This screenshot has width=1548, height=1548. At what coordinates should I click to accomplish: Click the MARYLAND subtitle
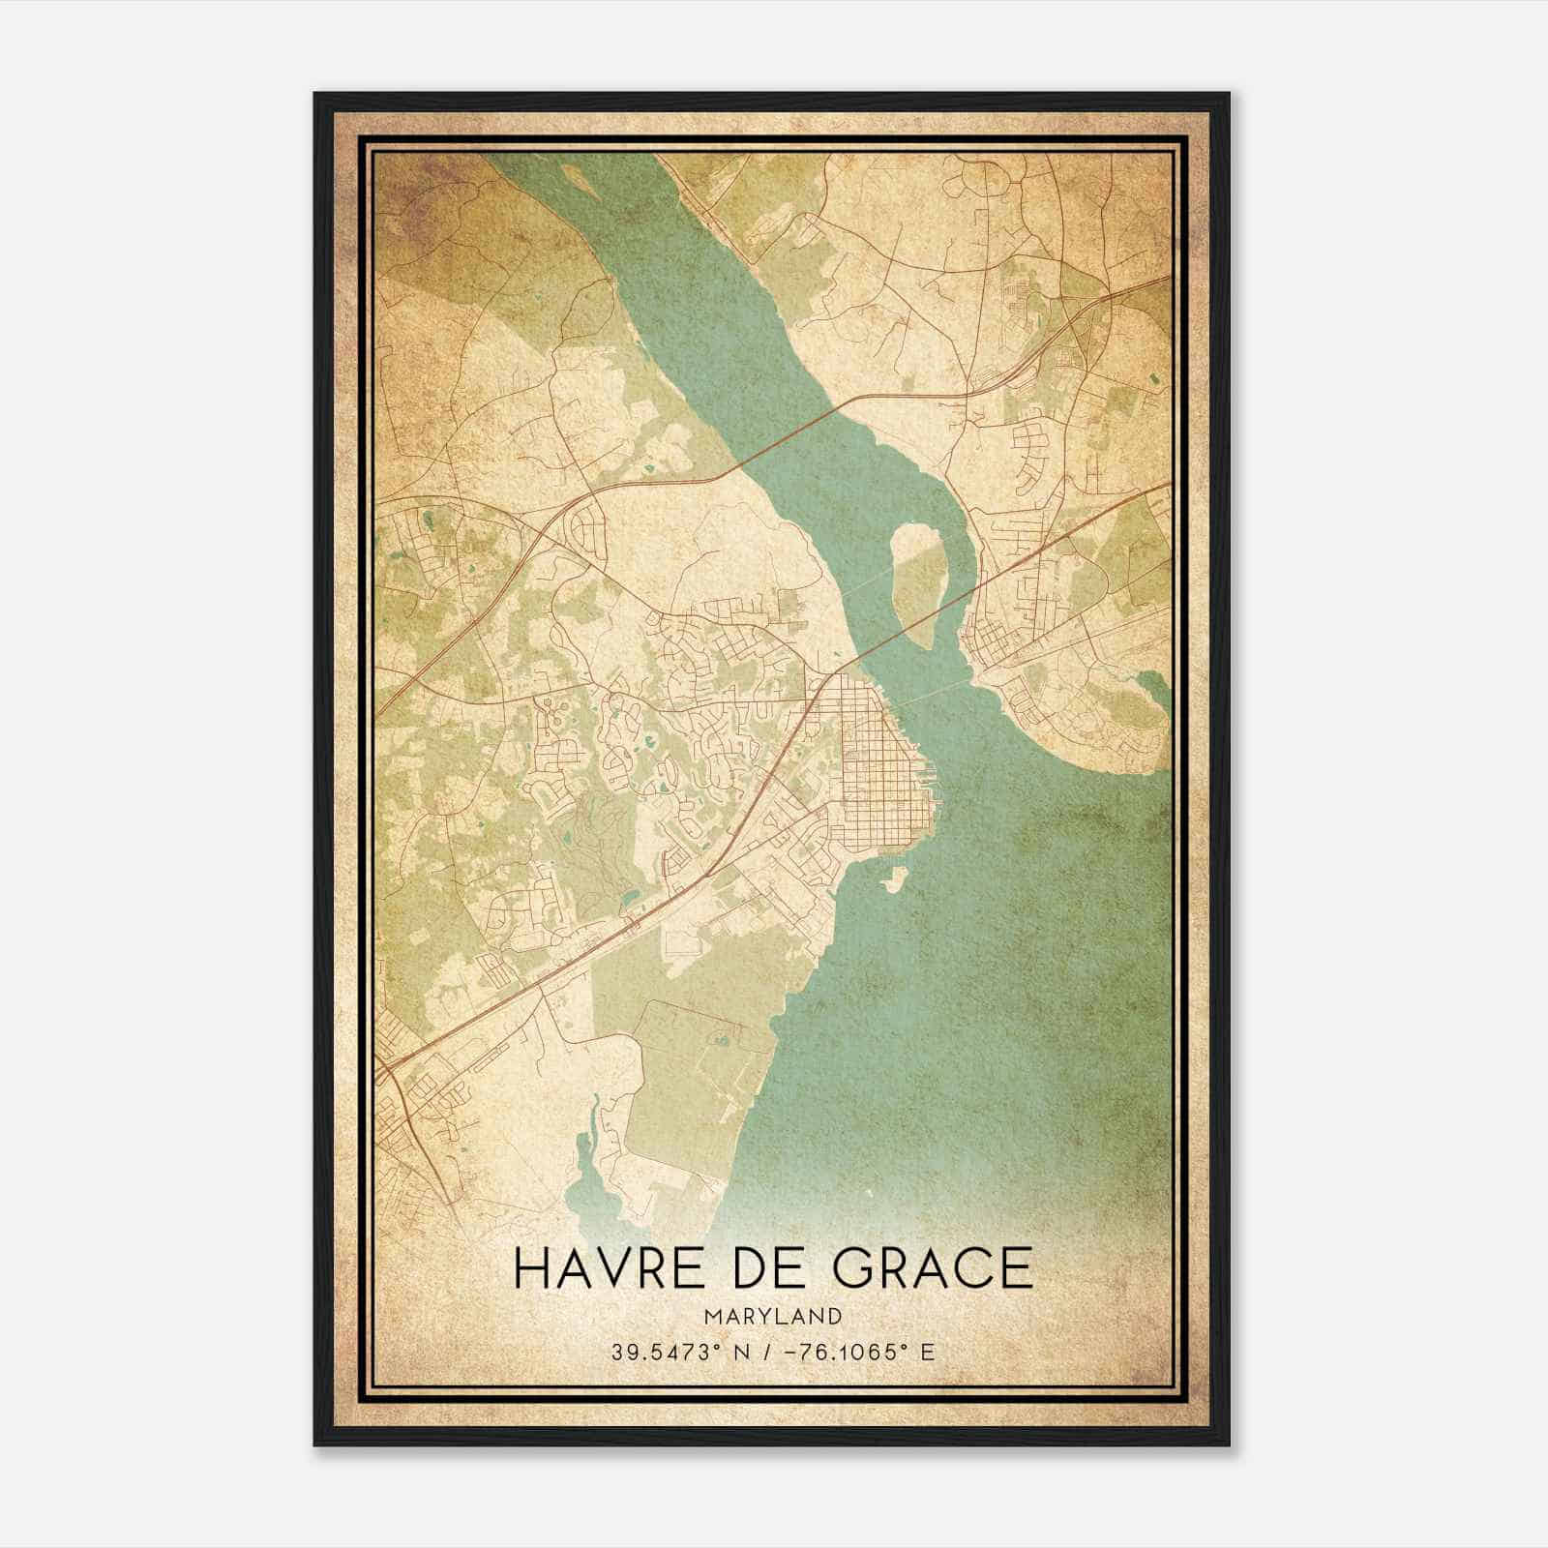(773, 1317)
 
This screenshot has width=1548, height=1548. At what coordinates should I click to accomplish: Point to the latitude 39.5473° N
(680, 1353)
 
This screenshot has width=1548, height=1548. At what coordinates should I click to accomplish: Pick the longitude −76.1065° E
(866, 1353)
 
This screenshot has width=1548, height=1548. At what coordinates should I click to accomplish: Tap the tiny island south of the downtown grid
(895, 879)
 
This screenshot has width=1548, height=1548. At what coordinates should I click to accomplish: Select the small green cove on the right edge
(1153, 689)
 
